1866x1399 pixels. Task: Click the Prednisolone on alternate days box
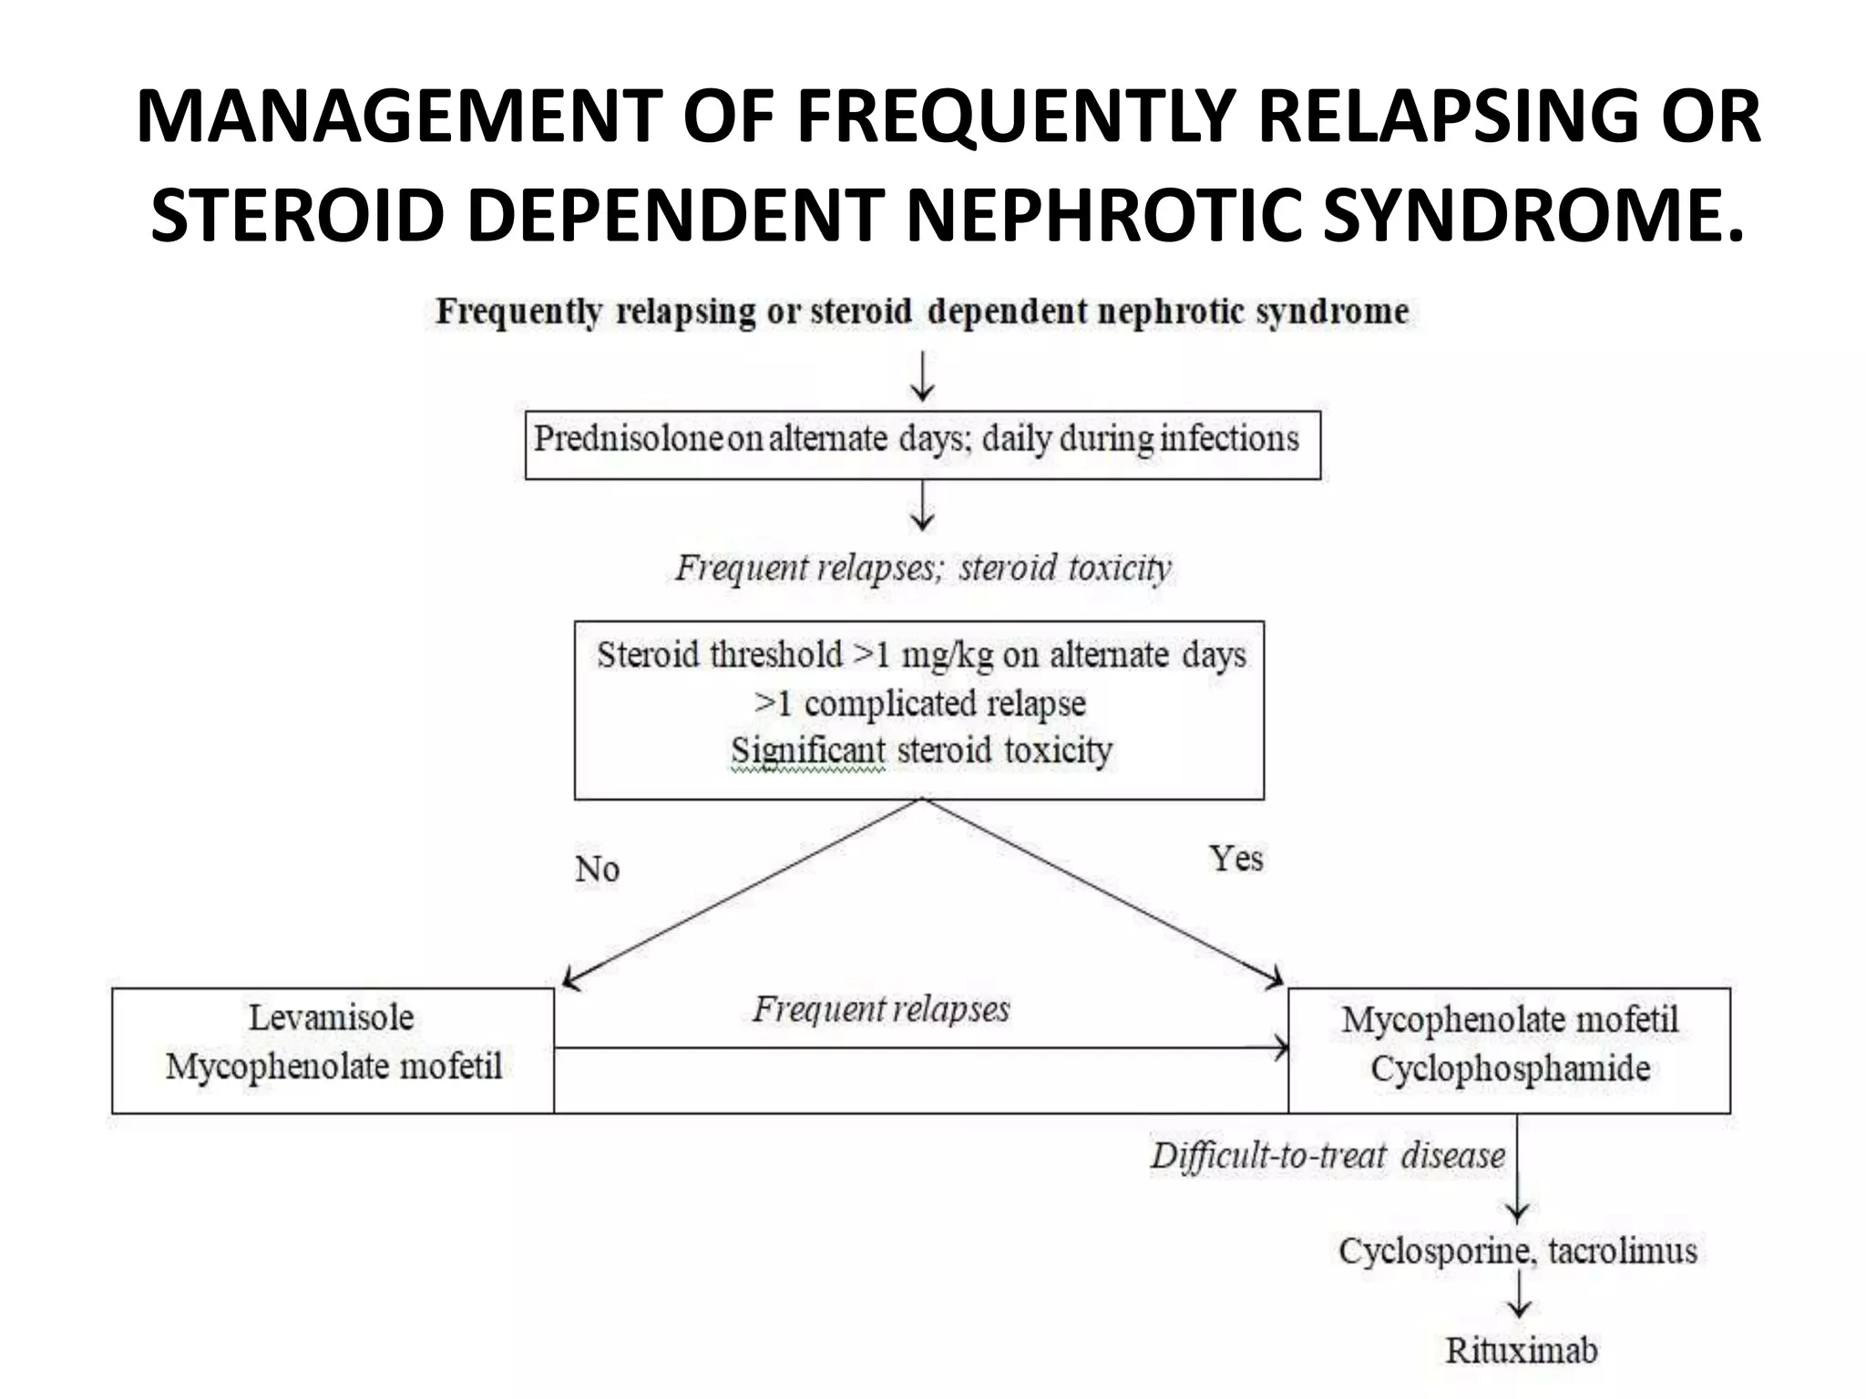922,444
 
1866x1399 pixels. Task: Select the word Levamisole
332,1017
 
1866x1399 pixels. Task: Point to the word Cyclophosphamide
1510,1069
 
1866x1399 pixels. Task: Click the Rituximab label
1521,1350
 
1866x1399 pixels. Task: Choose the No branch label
598,870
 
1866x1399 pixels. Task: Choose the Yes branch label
1235,859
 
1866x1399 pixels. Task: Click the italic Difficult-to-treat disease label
1328,1156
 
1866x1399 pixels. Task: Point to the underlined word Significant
807,751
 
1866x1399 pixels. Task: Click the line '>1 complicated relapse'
920,704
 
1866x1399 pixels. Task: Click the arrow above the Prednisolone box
923,377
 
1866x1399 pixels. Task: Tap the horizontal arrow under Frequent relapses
920,1048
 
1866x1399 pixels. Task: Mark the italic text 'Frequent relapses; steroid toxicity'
922,568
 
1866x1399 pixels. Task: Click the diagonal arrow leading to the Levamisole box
738,894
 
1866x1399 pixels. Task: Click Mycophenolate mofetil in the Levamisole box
333,1067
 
